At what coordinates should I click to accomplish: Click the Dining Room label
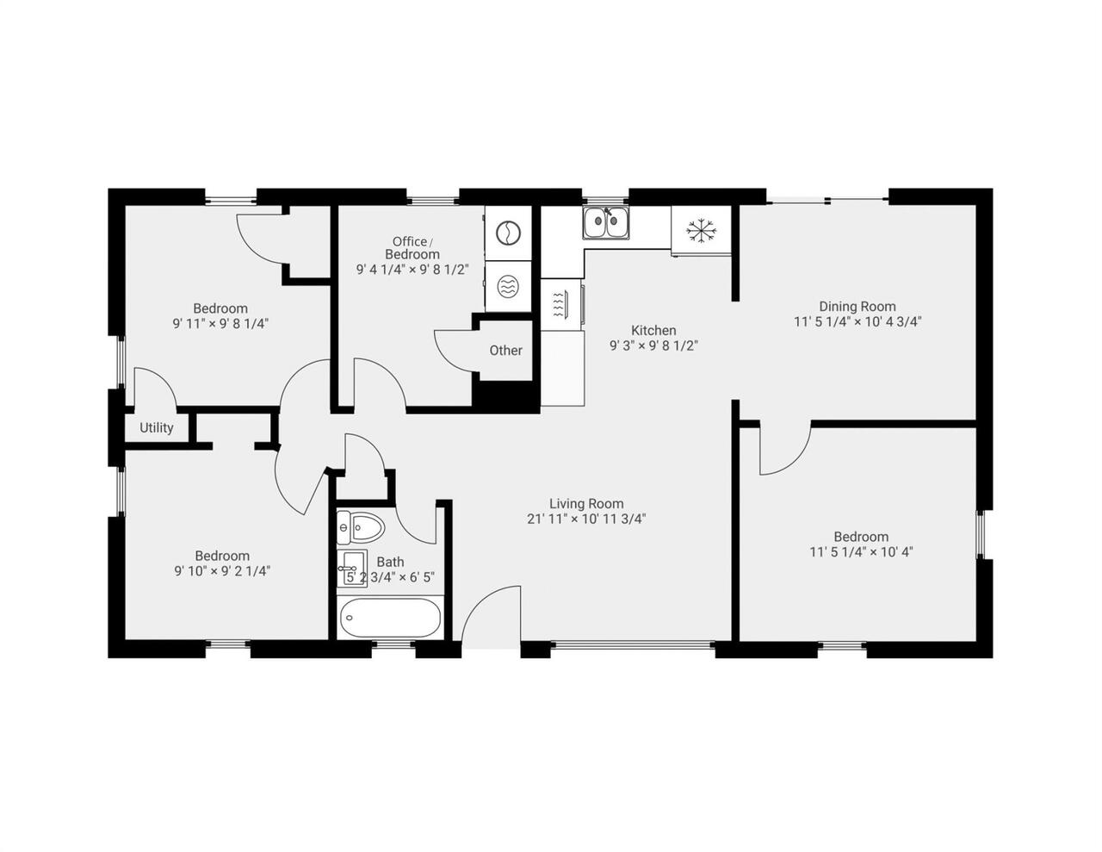pos(857,306)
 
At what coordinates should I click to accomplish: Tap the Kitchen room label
pos(653,330)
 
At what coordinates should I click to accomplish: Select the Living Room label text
pos(586,503)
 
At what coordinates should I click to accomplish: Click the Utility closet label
pos(157,427)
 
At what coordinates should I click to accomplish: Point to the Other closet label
pos(505,350)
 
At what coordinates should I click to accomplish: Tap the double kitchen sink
pos(606,223)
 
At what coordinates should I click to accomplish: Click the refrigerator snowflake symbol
pos(701,230)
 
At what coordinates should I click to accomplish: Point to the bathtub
pos(391,619)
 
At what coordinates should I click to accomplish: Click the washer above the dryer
pos(508,233)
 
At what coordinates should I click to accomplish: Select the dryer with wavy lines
pos(508,287)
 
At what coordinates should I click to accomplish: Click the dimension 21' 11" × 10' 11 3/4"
pos(586,519)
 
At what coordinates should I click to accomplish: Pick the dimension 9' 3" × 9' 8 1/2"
pos(653,345)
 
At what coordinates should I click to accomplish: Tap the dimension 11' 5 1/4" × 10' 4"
pos(861,551)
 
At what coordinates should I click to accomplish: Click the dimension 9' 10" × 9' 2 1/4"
pos(222,570)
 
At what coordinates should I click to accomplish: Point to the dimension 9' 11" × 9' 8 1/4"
pos(221,324)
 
